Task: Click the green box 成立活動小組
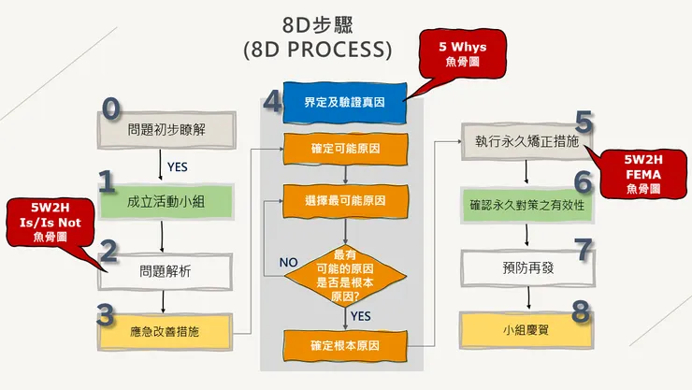165,201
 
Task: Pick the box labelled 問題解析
165,271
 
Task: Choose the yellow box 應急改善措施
165,330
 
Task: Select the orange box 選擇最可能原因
345,201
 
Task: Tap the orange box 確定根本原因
345,346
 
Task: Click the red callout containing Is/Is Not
51,223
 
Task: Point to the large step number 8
581,311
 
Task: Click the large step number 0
111,108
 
